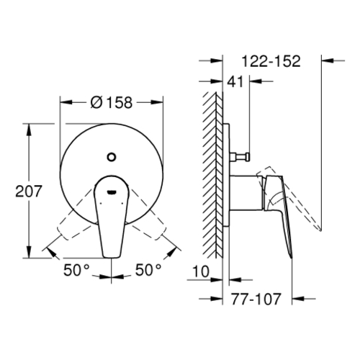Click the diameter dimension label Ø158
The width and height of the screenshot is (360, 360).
(112, 102)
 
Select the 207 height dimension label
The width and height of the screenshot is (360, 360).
(29, 191)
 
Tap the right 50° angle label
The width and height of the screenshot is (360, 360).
(148, 269)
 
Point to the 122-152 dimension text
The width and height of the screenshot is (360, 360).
(271, 61)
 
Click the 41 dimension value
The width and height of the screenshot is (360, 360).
(235, 81)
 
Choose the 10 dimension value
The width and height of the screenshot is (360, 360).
(201, 271)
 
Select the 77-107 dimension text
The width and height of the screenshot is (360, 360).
(256, 299)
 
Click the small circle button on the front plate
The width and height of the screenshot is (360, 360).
(111, 157)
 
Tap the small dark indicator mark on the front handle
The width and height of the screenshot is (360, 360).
(112, 192)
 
